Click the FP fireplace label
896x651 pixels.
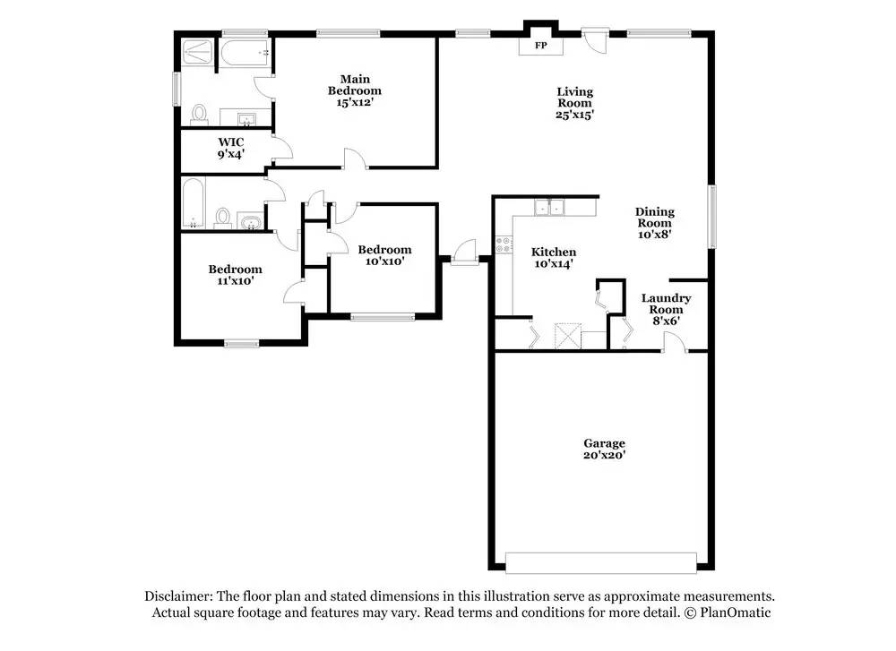540,45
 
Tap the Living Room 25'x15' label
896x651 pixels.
574,103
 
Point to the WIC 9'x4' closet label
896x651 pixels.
231,149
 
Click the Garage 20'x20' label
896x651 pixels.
604,449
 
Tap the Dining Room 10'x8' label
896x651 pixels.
654,222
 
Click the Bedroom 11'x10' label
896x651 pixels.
235,275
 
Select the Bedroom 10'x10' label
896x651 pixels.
384,255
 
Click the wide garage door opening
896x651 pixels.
600,561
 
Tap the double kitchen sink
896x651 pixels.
549,208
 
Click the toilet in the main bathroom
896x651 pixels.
199,113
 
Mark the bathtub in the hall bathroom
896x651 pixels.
194,203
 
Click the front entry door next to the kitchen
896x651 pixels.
464,254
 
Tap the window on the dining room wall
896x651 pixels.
712,216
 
